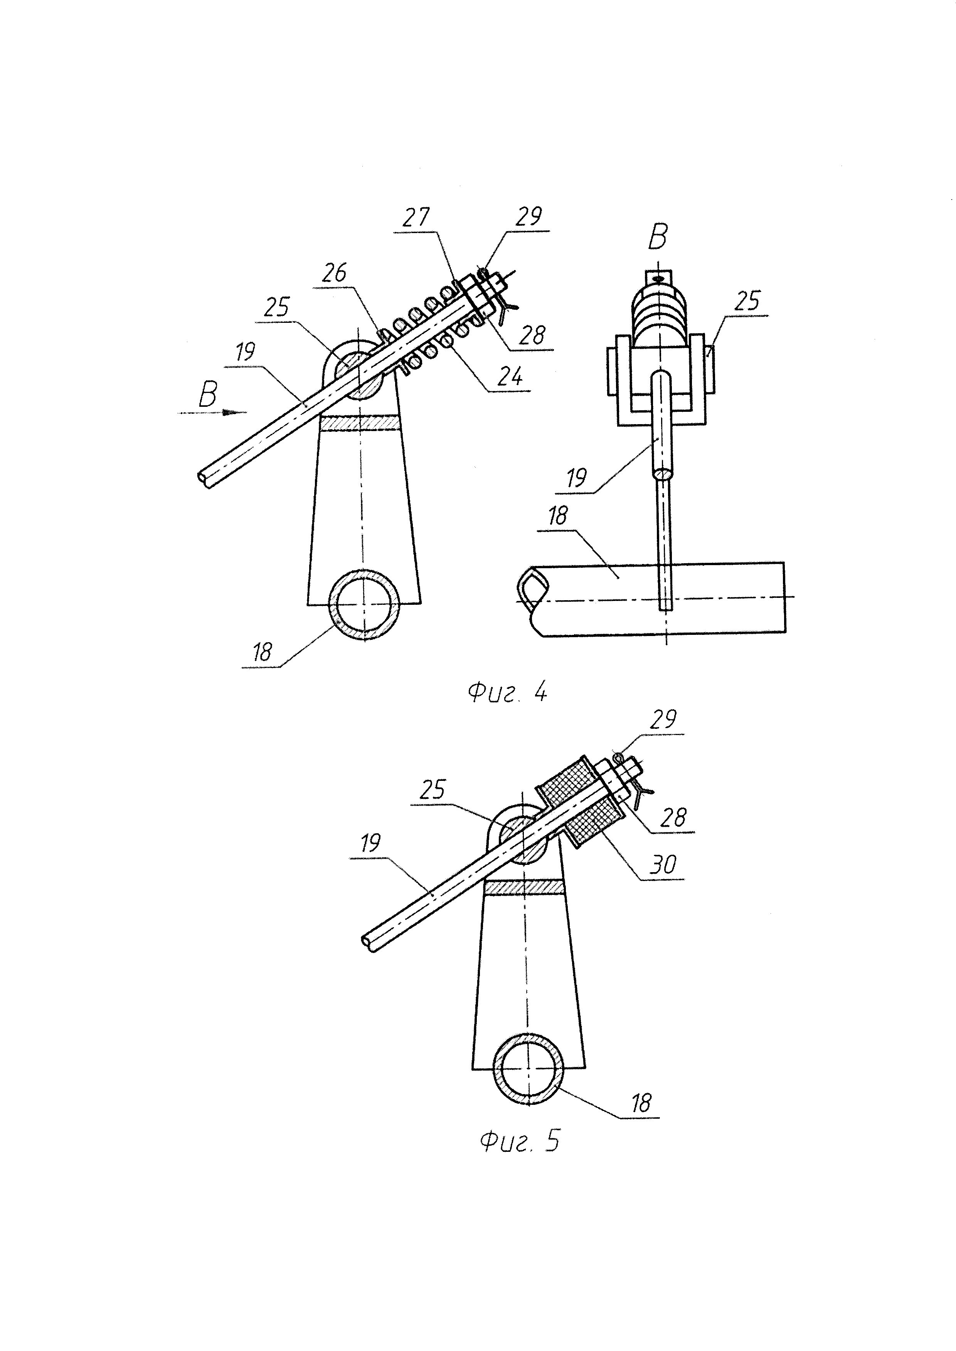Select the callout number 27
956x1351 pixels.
(417, 218)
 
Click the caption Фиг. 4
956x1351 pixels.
(507, 693)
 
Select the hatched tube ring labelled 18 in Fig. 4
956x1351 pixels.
(365, 605)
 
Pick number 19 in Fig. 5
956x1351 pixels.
(370, 844)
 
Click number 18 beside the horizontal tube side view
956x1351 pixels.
(557, 516)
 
